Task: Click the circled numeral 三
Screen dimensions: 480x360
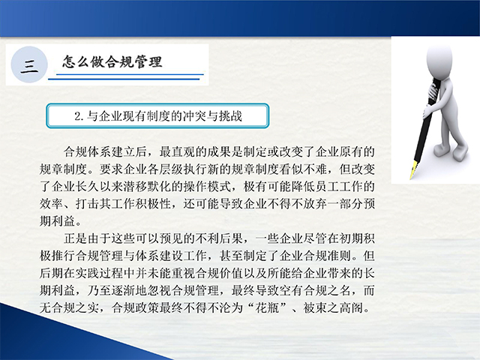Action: click(x=29, y=65)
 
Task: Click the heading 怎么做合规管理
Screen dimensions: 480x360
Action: click(x=112, y=61)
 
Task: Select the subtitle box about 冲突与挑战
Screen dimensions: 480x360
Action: click(x=157, y=115)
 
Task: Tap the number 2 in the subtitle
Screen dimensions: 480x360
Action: click(x=78, y=116)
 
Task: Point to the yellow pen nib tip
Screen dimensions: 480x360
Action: click(x=411, y=178)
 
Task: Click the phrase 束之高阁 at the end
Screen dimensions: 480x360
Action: click(x=339, y=307)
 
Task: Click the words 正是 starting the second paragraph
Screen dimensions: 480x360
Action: click(x=76, y=238)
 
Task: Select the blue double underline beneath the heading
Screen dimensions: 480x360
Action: click(x=126, y=76)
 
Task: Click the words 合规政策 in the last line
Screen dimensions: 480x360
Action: click(x=136, y=307)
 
